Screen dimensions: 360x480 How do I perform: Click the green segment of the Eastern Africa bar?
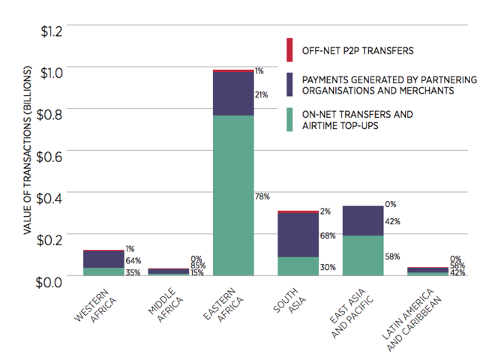pos(233,196)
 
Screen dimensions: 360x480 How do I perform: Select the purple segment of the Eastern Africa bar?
pos(233,94)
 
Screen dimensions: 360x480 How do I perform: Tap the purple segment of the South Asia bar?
pos(298,235)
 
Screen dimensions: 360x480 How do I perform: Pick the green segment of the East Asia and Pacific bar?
pos(363,256)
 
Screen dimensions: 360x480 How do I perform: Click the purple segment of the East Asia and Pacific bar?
pos(363,220)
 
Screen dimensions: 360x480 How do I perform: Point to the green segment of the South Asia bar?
pos(298,266)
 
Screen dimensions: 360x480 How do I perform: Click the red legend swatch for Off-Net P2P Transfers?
pos(289,50)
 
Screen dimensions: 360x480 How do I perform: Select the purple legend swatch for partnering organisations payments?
pos(289,84)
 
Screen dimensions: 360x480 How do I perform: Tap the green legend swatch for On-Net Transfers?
pos(289,120)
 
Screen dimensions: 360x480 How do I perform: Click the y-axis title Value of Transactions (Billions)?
pos(27,150)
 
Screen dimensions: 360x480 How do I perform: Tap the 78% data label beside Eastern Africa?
pos(262,196)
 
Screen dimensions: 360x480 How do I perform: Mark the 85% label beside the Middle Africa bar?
pos(198,265)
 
